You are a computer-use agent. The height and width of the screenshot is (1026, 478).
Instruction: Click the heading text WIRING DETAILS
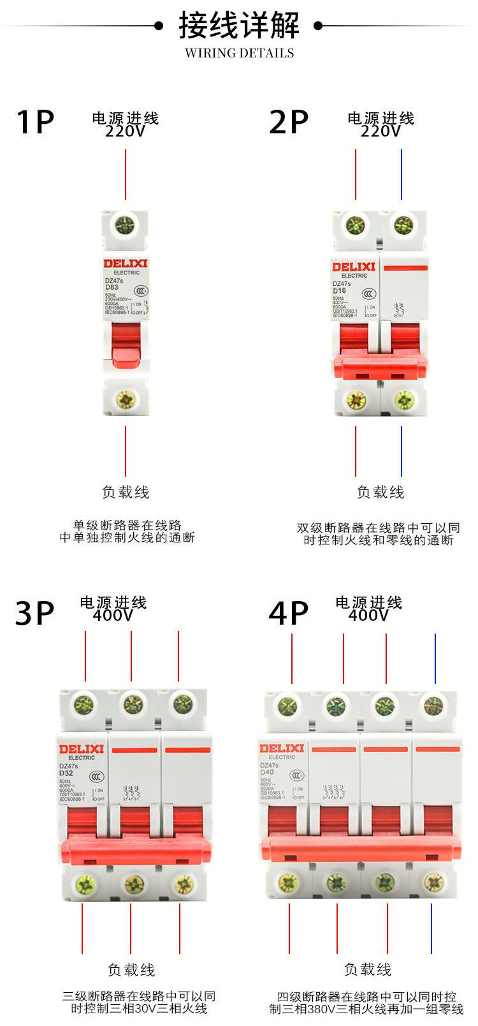(x=239, y=53)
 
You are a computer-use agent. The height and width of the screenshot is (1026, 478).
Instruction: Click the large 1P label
(x=35, y=122)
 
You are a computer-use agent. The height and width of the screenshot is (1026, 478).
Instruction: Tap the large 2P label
(x=289, y=122)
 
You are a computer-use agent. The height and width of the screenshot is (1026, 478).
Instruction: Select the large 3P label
(x=35, y=613)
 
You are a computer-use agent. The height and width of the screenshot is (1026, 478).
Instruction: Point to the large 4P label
(x=289, y=613)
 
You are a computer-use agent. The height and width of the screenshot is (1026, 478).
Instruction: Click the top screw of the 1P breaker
(x=125, y=225)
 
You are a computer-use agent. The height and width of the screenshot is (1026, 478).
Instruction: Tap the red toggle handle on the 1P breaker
(x=126, y=345)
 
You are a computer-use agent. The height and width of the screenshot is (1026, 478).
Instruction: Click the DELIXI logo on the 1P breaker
(x=126, y=264)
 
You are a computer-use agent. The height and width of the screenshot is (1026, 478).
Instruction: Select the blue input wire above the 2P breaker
(x=402, y=174)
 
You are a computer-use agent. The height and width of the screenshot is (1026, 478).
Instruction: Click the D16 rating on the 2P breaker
(x=339, y=290)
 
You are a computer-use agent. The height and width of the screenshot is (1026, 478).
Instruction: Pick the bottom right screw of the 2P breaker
(x=404, y=400)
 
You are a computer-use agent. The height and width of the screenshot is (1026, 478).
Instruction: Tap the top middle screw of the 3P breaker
(x=132, y=704)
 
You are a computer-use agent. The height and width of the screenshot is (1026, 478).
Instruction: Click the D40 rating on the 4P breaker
(x=266, y=772)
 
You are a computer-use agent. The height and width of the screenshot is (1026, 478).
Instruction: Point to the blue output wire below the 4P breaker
(x=431, y=928)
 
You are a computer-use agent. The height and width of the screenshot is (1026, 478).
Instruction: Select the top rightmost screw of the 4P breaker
(x=434, y=706)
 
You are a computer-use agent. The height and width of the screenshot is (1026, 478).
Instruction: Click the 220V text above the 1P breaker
(x=125, y=131)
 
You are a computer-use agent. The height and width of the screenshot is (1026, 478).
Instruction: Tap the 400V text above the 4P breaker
(x=368, y=615)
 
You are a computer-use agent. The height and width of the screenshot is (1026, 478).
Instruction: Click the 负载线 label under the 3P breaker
(x=131, y=970)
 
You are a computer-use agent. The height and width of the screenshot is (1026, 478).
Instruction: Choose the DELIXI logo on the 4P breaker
(x=282, y=748)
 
